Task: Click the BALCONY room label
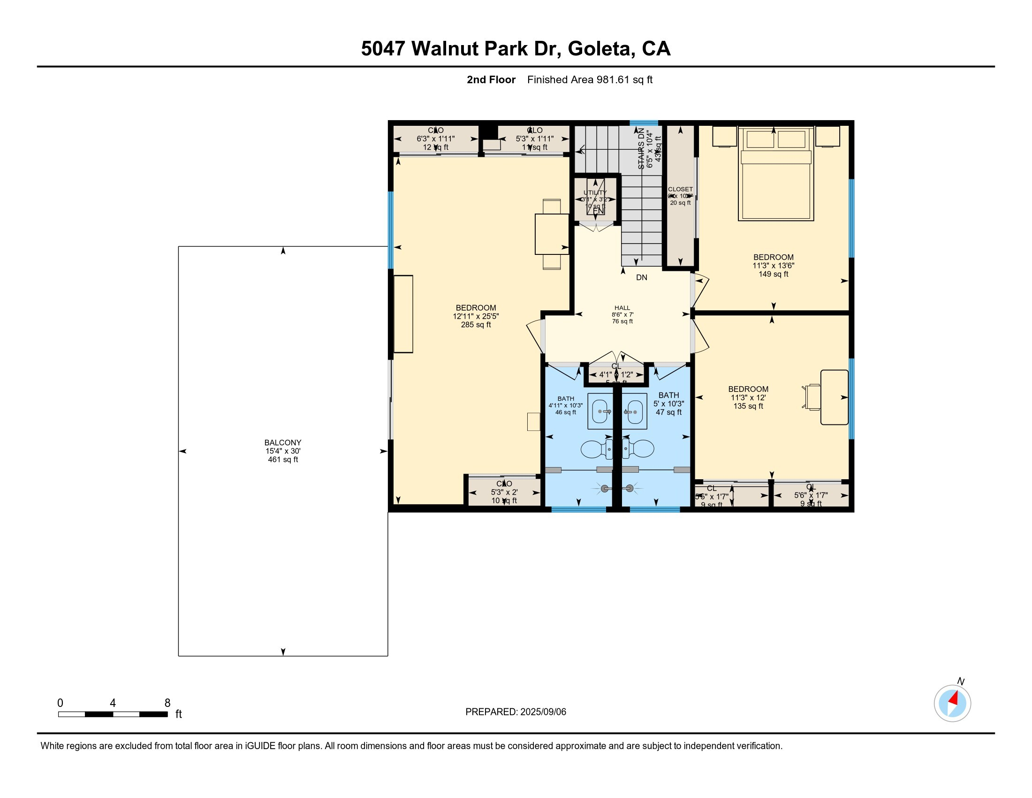[282, 443]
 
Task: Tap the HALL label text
[622, 308]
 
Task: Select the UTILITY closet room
[595, 199]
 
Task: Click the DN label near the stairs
[641, 277]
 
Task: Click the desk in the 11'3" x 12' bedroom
[834, 397]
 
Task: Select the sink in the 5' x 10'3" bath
[634, 411]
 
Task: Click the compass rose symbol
[952, 703]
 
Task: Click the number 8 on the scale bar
[167, 703]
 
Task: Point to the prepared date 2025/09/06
[543, 712]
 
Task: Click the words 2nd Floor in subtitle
[491, 80]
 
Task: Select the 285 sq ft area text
[476, 325]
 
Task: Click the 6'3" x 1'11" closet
[435, 139]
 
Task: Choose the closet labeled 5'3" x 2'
[504, 492]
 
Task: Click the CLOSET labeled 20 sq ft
[680, 196]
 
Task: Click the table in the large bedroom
[552, 234]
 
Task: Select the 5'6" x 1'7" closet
[811, 495]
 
